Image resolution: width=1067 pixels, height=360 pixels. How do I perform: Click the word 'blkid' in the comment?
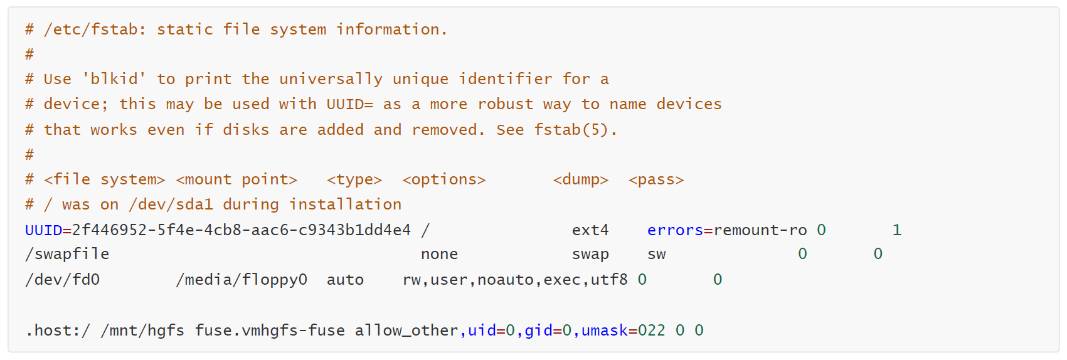pyautogui.click(x=114, y=78)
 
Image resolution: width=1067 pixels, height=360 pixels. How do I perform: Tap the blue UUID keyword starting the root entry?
pyautogui.click(x=43, y=230)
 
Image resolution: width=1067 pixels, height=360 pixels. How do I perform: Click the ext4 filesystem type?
pyautogui.click(x=590, y=230)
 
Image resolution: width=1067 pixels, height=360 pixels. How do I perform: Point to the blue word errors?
pyautogui.click(x=675, y=230)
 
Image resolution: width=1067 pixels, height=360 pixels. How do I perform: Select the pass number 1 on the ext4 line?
pyautogui.click(x=897, y=230)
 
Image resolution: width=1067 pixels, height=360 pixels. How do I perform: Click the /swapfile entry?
pyautogui.click(x=67, y=254)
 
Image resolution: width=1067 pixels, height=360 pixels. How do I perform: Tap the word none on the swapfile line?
pyautogui.click(x=439, y=254)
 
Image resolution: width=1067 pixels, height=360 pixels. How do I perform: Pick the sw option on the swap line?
pyautogui.click(x=656, y=255)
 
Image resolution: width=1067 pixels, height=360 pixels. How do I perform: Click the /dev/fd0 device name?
pyautogui.click(x=62, y=280)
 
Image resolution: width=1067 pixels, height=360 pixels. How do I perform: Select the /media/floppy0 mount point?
pyautogui.click(x=242, y=280)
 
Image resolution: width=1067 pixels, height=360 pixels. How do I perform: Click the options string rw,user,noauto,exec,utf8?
pyautogui.click(x=515, y=280)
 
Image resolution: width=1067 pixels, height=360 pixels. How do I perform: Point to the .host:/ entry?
pyautogui.click(x=58, y=330)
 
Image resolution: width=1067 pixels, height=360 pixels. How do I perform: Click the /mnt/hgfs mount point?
pyautogui.click(x=142, y=331)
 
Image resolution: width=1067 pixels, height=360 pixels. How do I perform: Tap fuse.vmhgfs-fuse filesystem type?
pyautogui.click(x=270, y=331)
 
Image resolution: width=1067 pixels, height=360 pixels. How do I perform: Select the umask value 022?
pyautogui.click(x=652, y=330)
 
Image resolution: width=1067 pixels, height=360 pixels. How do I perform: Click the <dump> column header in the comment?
pyautogui.click(x=581, y=179)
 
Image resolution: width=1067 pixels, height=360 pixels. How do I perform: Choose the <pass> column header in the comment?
pyautogui.click(x=656, y=180)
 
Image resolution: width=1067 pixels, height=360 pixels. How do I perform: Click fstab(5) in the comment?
pyautogui.click(x=570, y=130)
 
